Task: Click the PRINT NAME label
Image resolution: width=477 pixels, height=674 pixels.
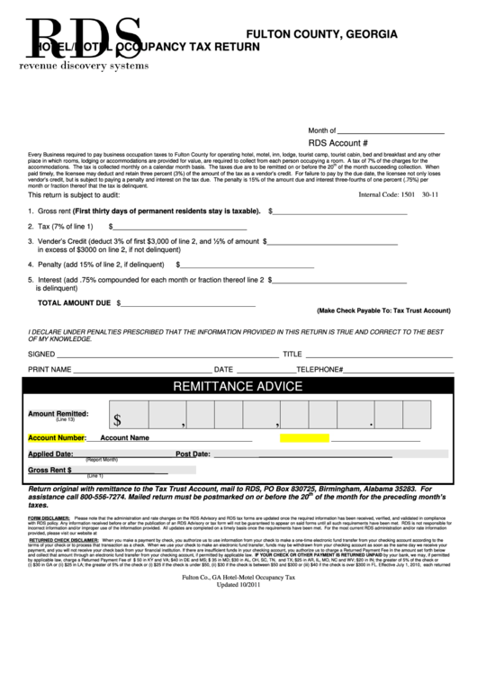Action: point(49,369)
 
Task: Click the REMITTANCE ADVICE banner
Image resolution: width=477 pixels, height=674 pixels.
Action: point(238,388)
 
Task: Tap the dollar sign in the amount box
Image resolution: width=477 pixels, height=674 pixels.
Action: point(118,418)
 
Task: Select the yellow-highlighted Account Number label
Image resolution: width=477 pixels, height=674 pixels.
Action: point(57,437)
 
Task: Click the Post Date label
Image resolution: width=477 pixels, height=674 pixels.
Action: point(193,454)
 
